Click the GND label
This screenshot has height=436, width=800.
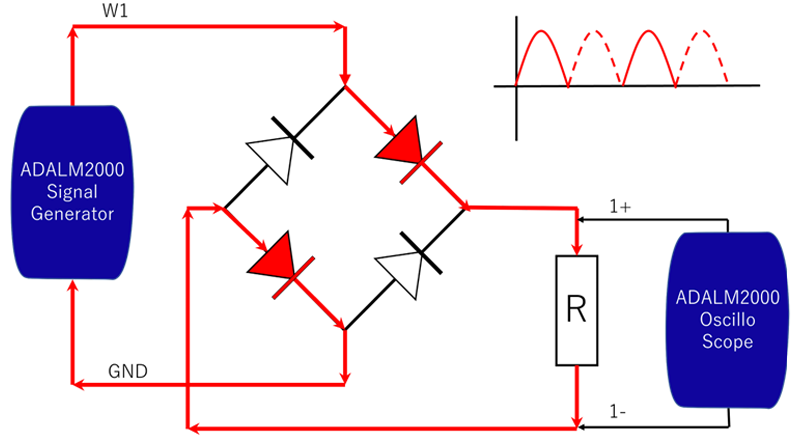pyautogui.click(x=127, y=371)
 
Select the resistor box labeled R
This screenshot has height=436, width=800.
pyautogui.click(x=576, y=310)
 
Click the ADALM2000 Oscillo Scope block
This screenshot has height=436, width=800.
pyautogui.click(x=727, y=320)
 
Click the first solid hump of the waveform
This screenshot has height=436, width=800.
pyautogui.click(x=542, y=55)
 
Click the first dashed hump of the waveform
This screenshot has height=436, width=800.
pyautogui.click(x=596, y=55)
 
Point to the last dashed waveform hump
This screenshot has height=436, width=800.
pyautogui.click(x=704, y=55)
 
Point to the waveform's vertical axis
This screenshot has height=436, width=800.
pyautogui.click(x=517, y=90)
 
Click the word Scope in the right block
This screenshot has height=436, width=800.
pyautogui.click(x=727, y=342)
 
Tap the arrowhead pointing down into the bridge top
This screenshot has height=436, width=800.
pyautogui.click(x=344, y=78)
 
